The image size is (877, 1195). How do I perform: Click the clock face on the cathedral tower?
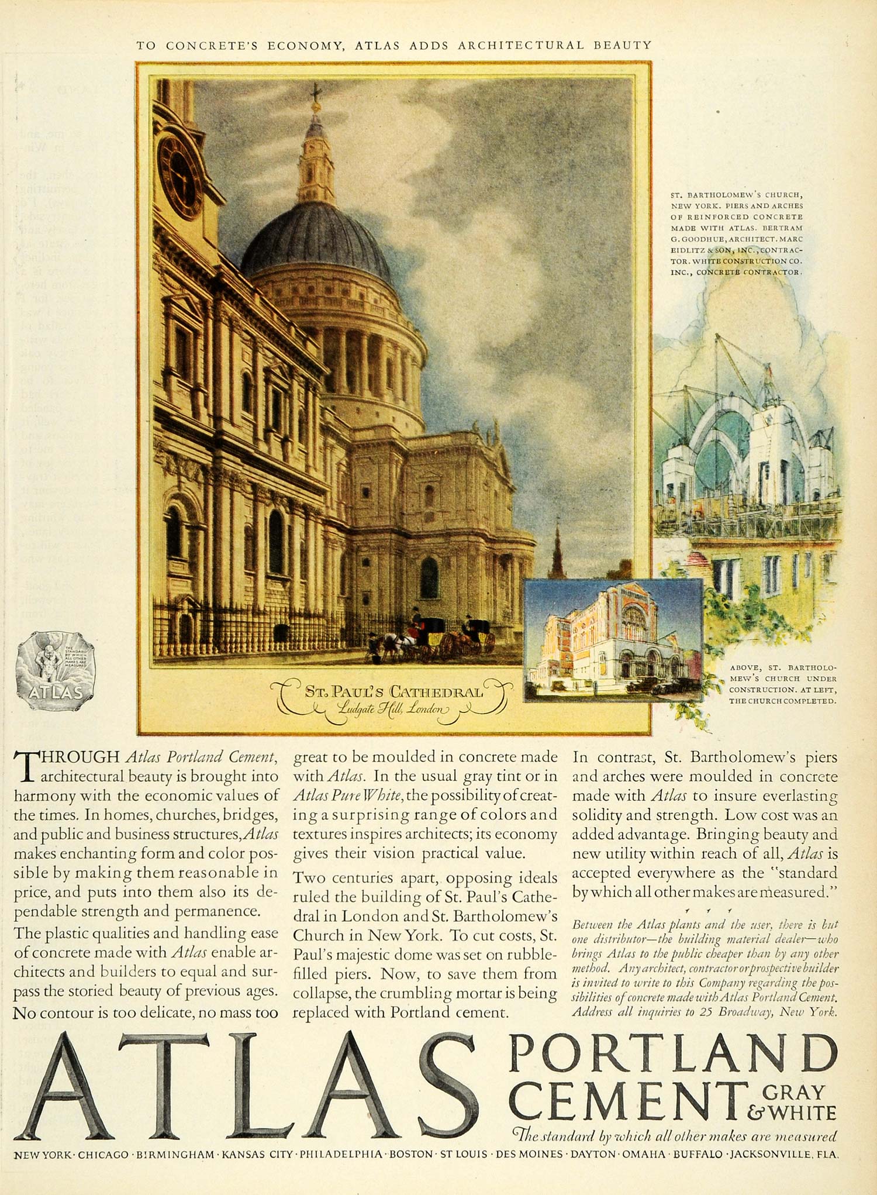[180, 176]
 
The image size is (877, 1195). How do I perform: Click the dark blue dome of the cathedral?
[316, 240]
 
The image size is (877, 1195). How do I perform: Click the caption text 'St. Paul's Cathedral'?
[394, 692]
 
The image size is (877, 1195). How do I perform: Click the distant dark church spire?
[556, 550]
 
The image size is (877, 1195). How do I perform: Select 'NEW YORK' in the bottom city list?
[43, 1155]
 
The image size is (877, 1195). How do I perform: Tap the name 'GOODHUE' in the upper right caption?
[700, 239]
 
